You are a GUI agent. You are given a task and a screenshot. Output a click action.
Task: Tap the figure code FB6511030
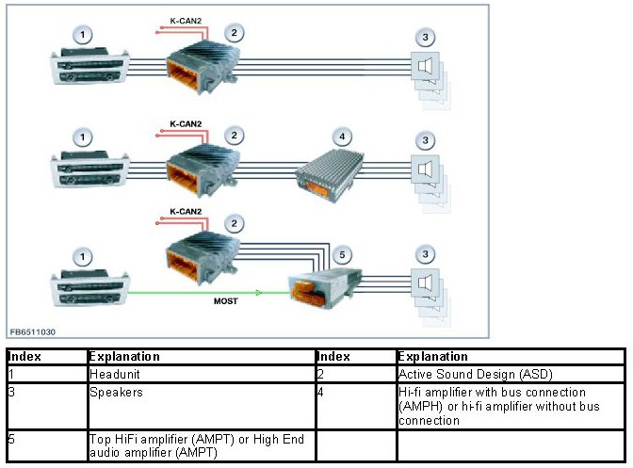click(34, 332)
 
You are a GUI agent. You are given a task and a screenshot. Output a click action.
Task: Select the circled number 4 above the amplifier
click(343, 136)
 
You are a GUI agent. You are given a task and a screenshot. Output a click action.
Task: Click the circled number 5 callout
click(343, 254)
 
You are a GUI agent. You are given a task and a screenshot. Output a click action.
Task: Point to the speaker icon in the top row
click(426, 67)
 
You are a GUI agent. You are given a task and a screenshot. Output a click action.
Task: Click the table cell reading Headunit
click(113, 373)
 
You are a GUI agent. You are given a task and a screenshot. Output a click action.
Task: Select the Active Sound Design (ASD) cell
click(456, 373)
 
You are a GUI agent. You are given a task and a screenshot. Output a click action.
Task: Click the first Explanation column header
click(123, 357)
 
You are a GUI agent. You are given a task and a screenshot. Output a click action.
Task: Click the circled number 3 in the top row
click(427, 37)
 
